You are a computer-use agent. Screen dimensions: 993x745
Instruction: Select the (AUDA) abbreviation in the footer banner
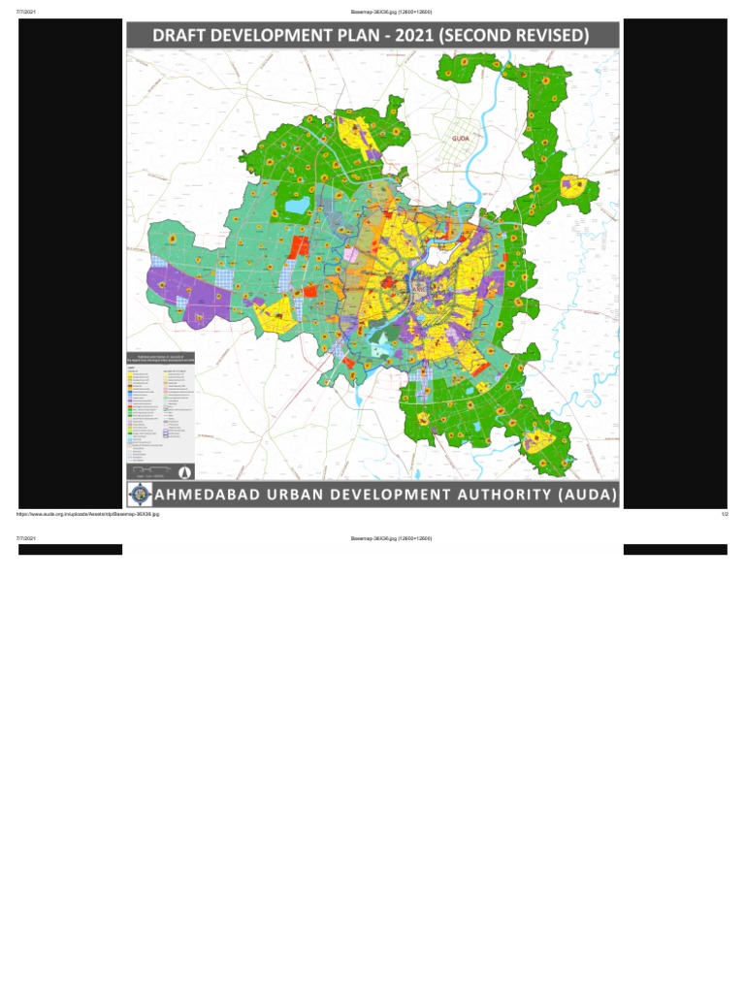(586, 495)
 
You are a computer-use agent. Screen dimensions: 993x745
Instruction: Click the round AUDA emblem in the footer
(141, 494)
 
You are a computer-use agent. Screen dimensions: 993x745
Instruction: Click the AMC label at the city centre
(419, 290)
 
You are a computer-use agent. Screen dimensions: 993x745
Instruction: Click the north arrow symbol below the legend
(183, 472)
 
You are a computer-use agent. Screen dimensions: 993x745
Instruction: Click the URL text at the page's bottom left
(87, 515)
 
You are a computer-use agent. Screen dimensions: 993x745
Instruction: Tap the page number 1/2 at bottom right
(724, 515)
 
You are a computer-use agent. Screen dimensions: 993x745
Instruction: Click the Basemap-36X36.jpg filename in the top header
(391, 12)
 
